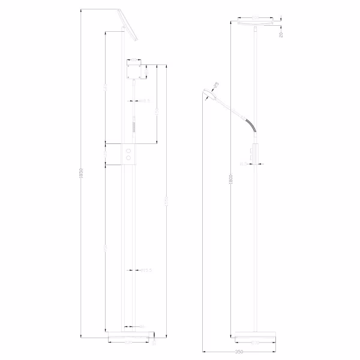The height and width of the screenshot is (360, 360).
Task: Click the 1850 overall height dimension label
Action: pyautogui.click(x=80, y=174)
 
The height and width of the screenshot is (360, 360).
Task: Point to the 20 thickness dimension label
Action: pyautogui.click(x=281, y=34)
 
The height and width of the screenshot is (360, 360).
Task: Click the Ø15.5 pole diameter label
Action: pyautogui.click(x=146, y=271)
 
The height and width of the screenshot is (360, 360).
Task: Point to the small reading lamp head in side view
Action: pyautogui.click(x=209, y=94)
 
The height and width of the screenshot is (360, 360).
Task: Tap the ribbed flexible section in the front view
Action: pyautogui.click(x=134, y=128)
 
